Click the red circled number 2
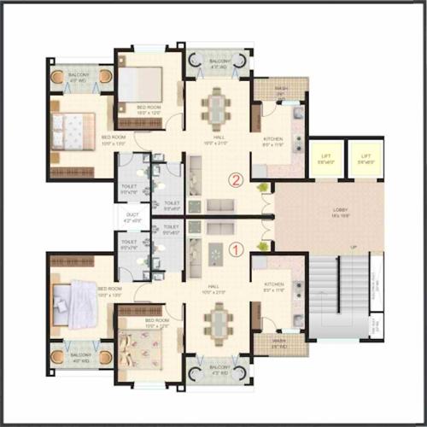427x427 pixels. pos(236,180)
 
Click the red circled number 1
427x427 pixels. pos(237,249)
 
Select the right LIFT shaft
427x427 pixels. pos(366,158)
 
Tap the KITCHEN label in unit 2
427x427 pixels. pos(274,141)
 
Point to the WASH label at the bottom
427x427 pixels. pos(278,345)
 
